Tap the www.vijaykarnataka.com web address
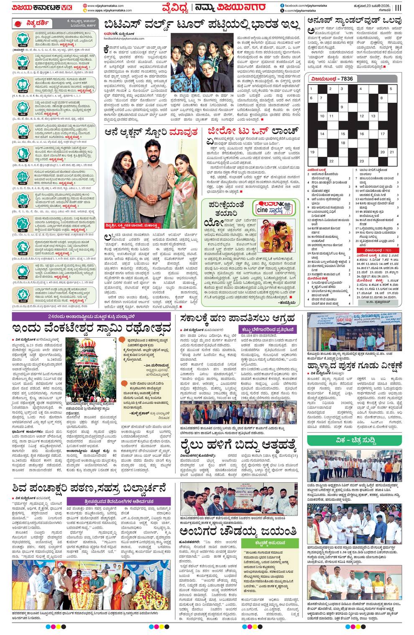(105, 5)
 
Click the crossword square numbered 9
(342, 107)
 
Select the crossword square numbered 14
(322, 134)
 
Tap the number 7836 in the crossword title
(347, 78)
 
